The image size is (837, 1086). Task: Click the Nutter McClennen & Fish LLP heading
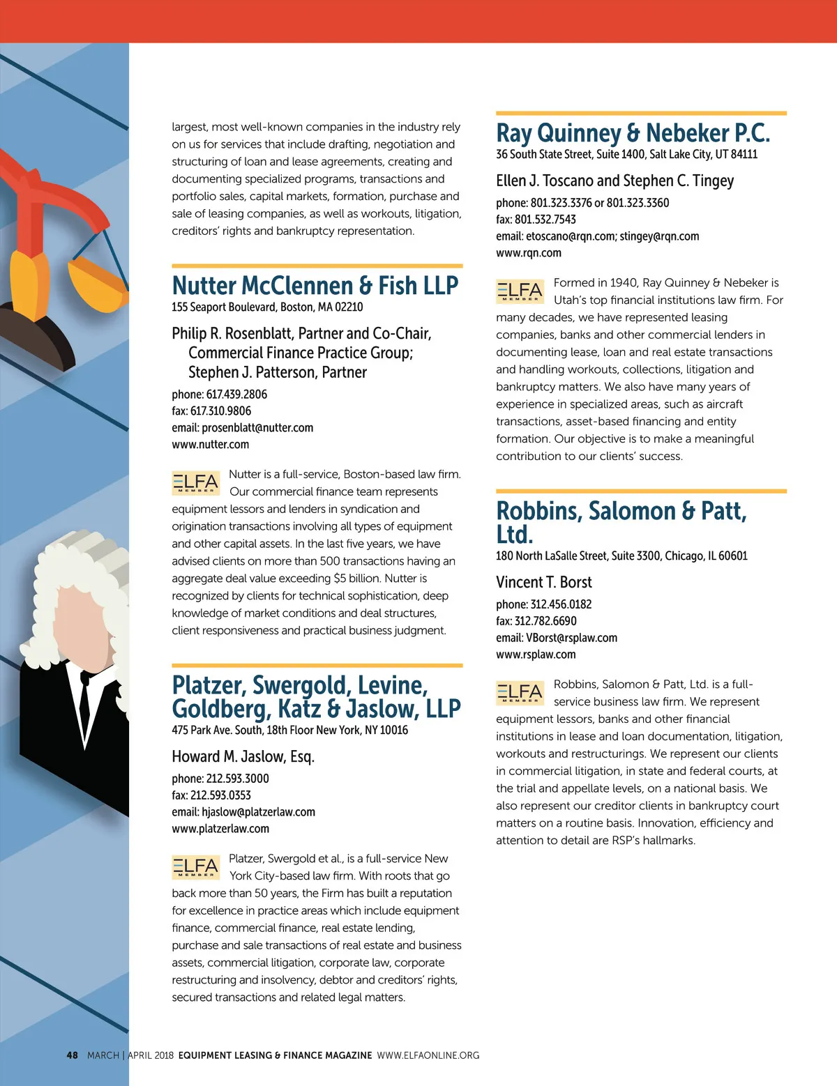315,286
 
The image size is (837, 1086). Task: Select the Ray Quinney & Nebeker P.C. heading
633,133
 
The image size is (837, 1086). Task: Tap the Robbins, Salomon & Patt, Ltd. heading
621,522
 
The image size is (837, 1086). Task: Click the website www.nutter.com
210,445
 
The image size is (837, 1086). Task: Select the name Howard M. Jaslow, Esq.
243,757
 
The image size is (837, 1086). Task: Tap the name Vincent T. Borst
543,583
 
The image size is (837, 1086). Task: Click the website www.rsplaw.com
536,655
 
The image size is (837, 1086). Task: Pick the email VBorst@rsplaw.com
571,638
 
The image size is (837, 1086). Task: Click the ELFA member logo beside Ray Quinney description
520,291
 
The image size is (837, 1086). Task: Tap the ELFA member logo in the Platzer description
195,867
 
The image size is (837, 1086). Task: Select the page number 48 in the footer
73,1055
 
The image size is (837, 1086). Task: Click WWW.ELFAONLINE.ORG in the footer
428,1055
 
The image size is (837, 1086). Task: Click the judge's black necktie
84,704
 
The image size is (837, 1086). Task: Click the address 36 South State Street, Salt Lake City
626,155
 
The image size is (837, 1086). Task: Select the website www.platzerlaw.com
220,829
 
